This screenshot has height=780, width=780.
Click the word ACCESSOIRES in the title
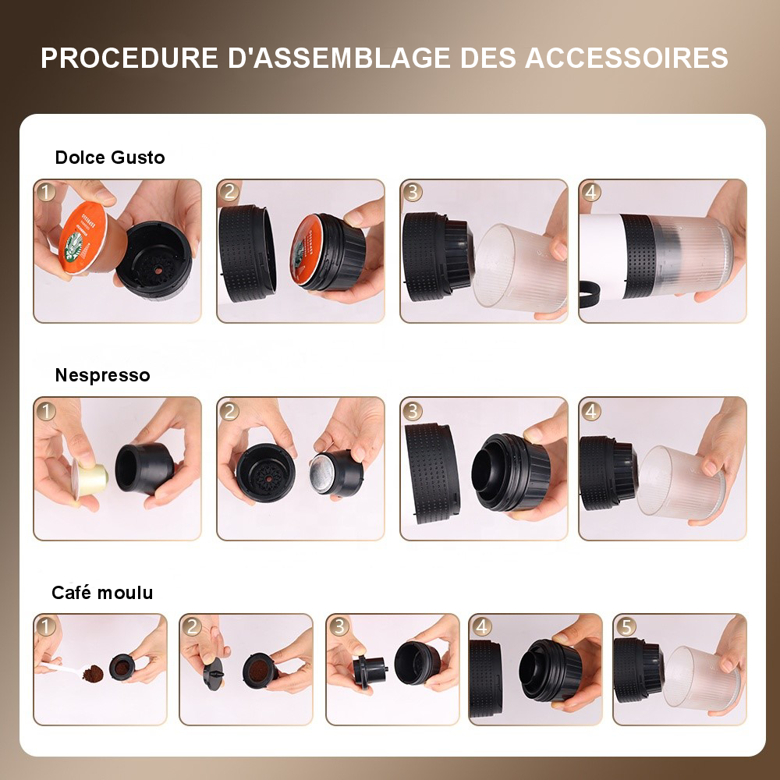626,58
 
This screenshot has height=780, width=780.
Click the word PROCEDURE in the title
129,58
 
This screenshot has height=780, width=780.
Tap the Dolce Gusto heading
109,158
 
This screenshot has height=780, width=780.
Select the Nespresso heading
102,375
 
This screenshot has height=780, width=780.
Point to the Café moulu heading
102,593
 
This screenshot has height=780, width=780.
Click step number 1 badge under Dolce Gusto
46,192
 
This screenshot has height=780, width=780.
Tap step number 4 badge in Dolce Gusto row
591,192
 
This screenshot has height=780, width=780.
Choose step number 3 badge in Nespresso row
413,411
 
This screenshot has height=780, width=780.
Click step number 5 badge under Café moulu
626,627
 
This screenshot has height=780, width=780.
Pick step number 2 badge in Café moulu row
192,627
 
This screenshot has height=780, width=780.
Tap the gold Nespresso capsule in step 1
91,477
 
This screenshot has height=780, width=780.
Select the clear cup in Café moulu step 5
701,676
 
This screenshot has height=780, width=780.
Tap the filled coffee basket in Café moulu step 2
259,670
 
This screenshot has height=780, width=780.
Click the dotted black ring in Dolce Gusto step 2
247,253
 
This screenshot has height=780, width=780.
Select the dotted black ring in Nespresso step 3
433,473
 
